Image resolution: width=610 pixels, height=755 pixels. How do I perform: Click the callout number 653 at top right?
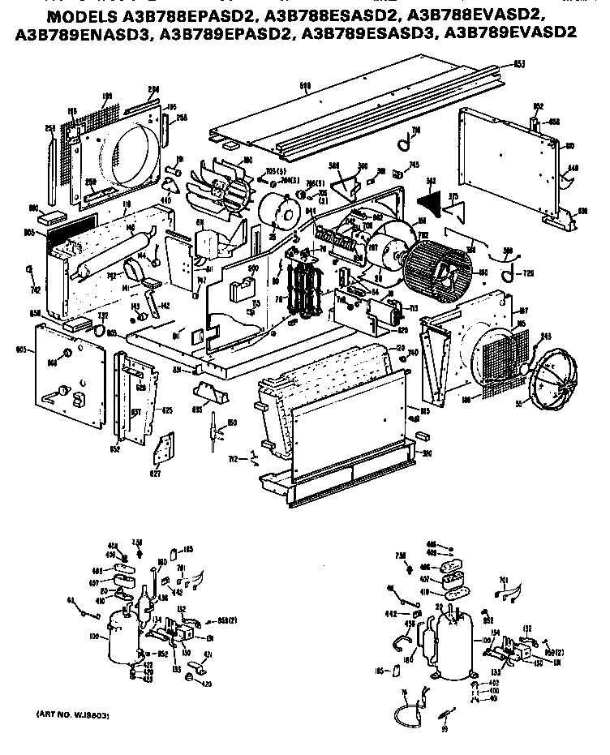(518, 63)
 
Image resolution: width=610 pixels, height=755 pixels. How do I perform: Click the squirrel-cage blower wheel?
(436, 265)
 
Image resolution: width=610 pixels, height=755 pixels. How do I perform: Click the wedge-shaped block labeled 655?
(209, 395)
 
